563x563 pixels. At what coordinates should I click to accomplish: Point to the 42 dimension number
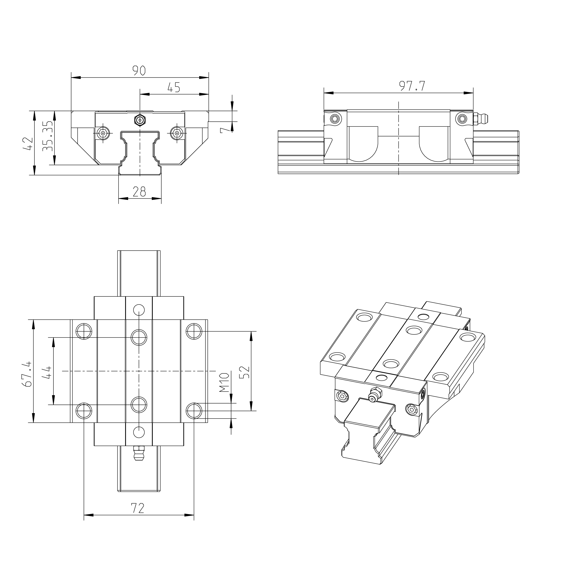point(27,144)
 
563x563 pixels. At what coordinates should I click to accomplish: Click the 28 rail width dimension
point(139,191)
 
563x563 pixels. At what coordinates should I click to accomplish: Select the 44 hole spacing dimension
point(47,372)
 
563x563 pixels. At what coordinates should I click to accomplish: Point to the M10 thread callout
point(224,382)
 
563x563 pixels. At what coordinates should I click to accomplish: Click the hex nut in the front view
point(140,120)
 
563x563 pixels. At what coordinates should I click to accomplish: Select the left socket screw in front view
point(103,133)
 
